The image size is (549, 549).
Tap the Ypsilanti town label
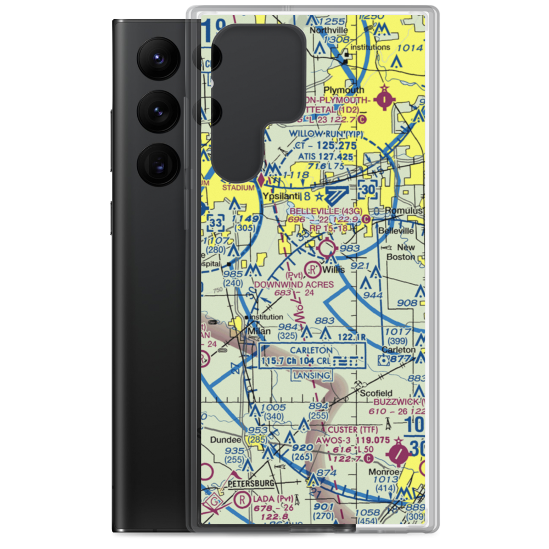(281, 196)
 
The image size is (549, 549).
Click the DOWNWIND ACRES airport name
(294, 284)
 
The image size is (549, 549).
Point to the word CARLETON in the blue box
(311, 350)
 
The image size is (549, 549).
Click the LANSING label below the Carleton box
(311, 376)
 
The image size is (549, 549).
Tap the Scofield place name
(376, 393)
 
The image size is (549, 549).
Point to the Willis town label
(334, 270)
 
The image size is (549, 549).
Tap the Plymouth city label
(344, 89)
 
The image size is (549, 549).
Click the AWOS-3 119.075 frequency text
(359, 440)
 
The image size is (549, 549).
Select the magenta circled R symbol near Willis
(312, 270)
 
